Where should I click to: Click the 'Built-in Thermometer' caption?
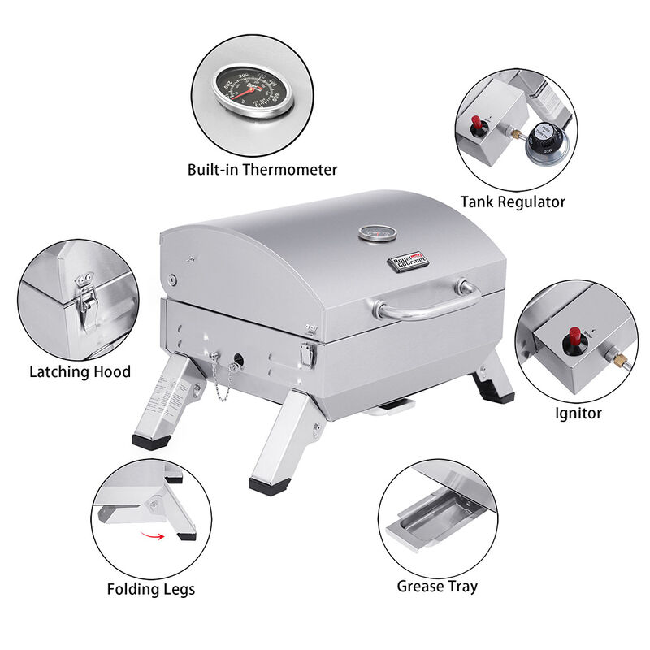tap(262, 170)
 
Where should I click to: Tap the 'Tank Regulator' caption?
tap(513, 201)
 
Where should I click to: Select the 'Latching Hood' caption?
tap(80, 372)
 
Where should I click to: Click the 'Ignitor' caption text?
tap(578, 413)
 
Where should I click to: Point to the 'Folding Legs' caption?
tap(151, 588)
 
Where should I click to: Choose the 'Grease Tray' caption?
tap(437, 585)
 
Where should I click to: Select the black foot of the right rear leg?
tap(497, 396)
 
